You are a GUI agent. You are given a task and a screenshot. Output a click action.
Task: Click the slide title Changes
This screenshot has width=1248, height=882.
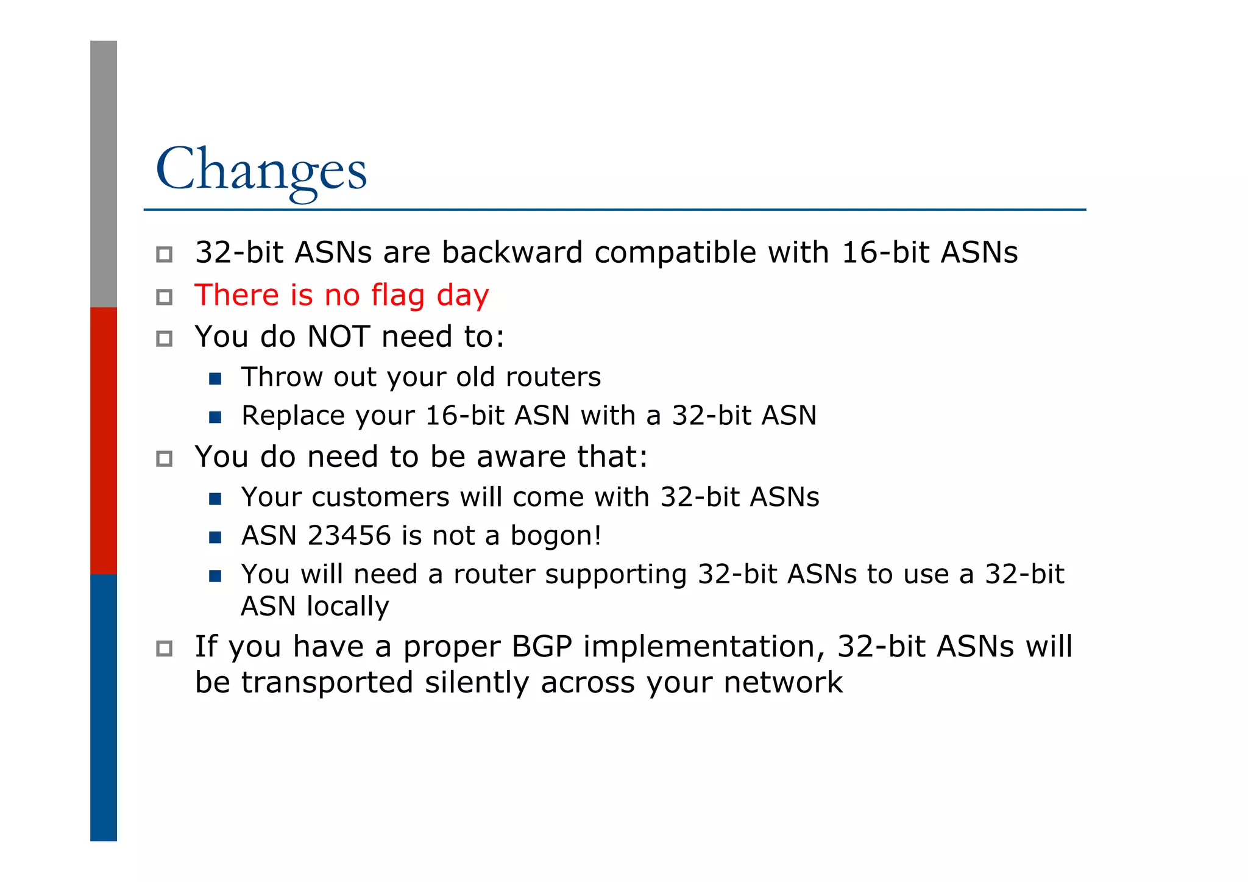click(261, 169)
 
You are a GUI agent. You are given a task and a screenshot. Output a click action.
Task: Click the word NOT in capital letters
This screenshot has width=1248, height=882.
click(338, 337)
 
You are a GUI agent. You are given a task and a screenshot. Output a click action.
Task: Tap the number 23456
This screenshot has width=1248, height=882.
click(349, 536)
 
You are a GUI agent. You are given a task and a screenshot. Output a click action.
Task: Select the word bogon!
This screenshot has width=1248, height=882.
click(556, 536)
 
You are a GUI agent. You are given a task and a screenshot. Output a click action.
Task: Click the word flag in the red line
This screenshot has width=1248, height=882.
click(398, 296)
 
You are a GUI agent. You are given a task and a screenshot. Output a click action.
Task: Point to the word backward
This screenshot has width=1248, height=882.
click(512, 253)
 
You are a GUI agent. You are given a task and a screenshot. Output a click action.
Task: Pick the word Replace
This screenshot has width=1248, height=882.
click(293, 416)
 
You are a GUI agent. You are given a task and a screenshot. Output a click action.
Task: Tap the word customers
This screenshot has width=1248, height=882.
click(380, 497)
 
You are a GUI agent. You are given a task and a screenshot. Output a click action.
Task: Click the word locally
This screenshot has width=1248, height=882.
click(347, 606)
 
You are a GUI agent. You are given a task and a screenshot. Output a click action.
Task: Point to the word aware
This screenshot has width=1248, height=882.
click(521, 457)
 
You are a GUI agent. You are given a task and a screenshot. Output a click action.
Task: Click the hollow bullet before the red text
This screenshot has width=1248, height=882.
click(164, 297)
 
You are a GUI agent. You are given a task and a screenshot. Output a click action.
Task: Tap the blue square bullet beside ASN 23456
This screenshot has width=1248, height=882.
click(214, 537)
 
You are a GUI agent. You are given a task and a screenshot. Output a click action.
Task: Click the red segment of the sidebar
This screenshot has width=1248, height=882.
click(104, 440)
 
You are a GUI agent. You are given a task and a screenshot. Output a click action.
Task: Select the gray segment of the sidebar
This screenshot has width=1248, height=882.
click(104, 174)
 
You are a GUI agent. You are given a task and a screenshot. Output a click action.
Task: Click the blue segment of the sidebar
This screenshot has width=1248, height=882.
click(104, 707)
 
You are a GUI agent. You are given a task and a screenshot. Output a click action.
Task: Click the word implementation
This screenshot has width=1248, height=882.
click(704, 647)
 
